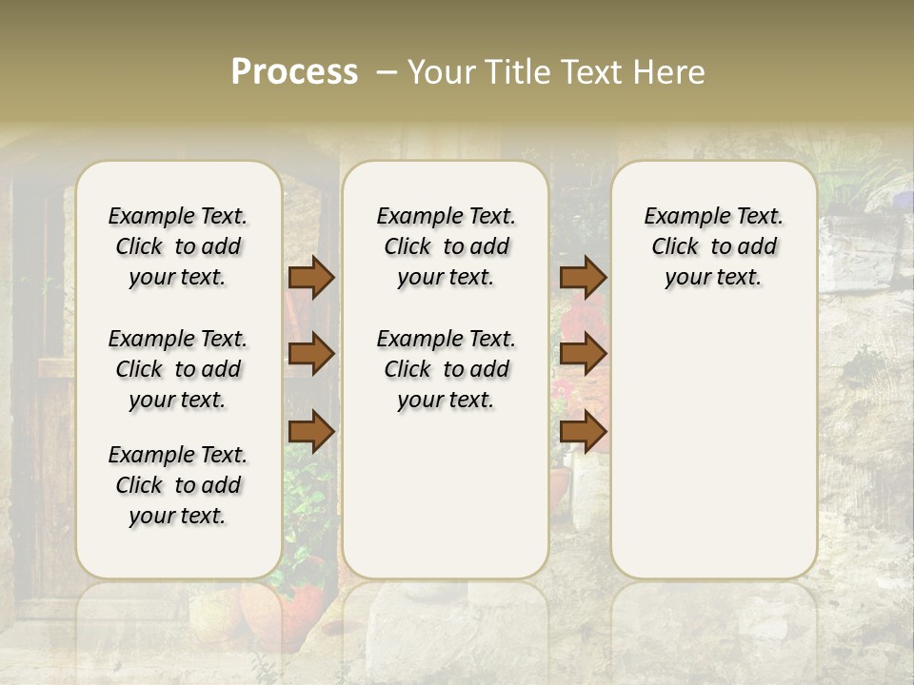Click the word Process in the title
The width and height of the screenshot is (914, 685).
(x=294, y=72)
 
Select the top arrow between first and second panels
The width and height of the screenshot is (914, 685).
(x=311, y=277)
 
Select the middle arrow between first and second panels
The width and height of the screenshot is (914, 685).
(x=311, y=354)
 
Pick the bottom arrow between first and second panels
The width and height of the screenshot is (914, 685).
(x=311, y=432)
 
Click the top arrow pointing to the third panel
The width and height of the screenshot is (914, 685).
(x=583, y=277)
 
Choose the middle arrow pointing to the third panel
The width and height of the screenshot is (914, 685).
(x=583, y=354)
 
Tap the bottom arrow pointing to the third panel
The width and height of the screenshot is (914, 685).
(x=583, y=432)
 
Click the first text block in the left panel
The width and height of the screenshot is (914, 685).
(x=178, y=246)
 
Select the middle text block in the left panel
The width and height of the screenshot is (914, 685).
(x=178, y=369)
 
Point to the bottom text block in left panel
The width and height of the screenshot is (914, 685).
(x=178, y=485)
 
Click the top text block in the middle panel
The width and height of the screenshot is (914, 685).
(x=446, y=246)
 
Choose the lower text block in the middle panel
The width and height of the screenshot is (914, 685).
(x=446, y=369)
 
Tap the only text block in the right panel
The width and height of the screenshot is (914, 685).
(x=713, y=246)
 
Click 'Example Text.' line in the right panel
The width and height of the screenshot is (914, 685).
(x=713, y=217)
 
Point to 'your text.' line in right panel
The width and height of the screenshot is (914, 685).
(x=713, y=278)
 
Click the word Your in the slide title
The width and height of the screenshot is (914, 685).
(x=442, y=72)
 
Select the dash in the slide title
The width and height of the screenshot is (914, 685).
(x=387, y=72)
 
